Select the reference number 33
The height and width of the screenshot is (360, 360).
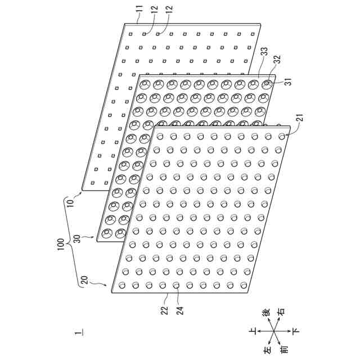tap(263, 51)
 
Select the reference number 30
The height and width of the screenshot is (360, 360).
tap(78, 238)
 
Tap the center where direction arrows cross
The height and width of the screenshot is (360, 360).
tap(275, 331)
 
